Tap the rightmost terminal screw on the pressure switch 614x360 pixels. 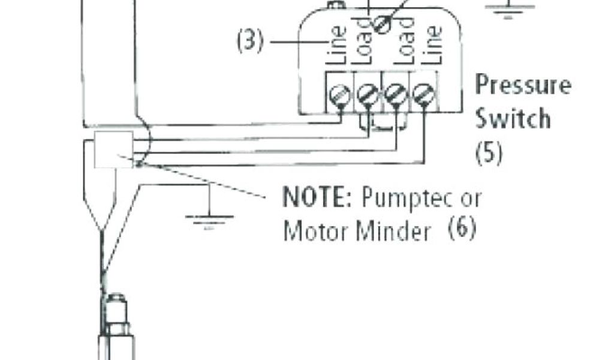[x=423, y=94]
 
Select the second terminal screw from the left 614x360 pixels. [x=367, y=94]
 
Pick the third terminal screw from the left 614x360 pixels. [x=395, y=94]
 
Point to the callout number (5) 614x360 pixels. [x=489, y=153]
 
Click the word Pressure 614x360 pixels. [x=523, y=86]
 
